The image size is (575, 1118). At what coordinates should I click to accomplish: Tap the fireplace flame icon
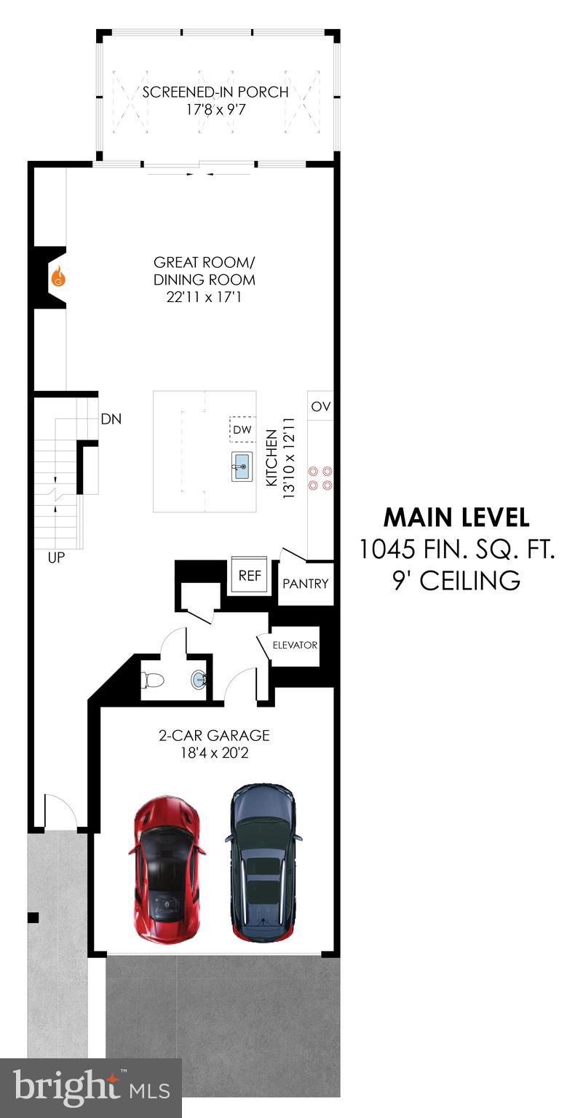click(x=58, y=277)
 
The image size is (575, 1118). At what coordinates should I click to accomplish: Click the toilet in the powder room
click(x=153, y=680)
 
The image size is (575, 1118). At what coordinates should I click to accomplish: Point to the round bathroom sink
click(x=199, y=680)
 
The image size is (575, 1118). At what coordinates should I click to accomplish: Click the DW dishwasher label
click(x=242, y=429)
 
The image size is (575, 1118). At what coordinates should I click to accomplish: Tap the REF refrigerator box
click(x=250, y=575)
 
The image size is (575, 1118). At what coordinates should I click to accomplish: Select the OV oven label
click(x=321, y=406)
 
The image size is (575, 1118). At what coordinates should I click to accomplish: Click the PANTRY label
click(x=306, y=584)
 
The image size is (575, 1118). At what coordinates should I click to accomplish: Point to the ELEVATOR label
click(x=295, y=645)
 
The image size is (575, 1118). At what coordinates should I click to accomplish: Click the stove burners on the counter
click(x=321, y=477)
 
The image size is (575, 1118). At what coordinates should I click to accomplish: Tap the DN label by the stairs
click(x=111, y=419)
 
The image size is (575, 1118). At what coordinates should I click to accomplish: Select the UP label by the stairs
click(x=56, y=558)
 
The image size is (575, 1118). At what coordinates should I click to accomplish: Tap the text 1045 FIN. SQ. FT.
click(x=456, y=549)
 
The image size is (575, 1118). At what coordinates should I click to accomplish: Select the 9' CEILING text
click(x=456, y=580)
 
